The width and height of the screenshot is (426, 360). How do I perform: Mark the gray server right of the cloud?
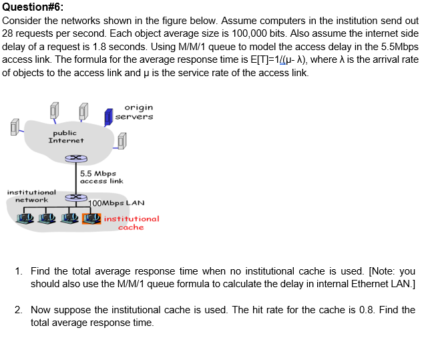(122, 140)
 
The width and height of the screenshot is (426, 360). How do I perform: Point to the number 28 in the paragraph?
(9, 33)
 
